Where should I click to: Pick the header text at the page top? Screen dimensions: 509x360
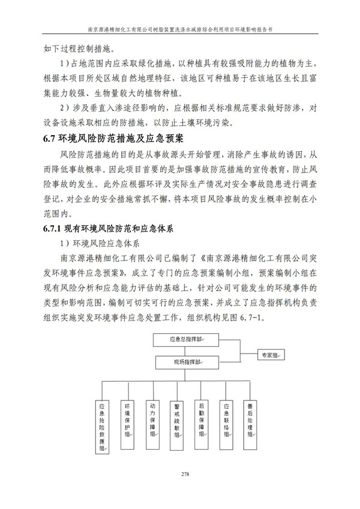tap(180, 28)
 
